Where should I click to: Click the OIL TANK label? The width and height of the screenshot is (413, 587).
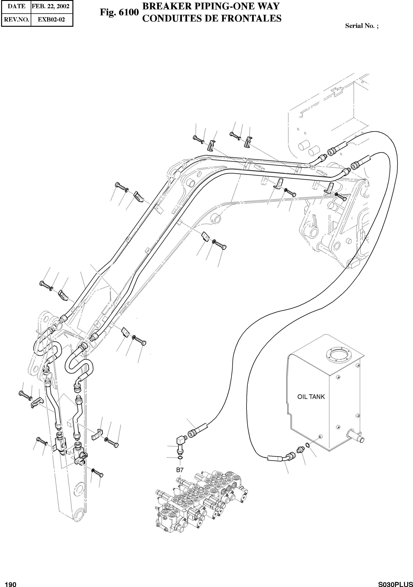click(x=311, y=397)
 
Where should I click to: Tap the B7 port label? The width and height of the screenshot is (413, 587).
click(x=180, y=470)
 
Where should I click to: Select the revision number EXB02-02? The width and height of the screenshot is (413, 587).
click(x=51, y=19)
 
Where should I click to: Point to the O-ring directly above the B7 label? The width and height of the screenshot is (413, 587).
click(x=180, y=457)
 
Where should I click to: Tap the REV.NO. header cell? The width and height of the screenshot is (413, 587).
click(x=16, y=19)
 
